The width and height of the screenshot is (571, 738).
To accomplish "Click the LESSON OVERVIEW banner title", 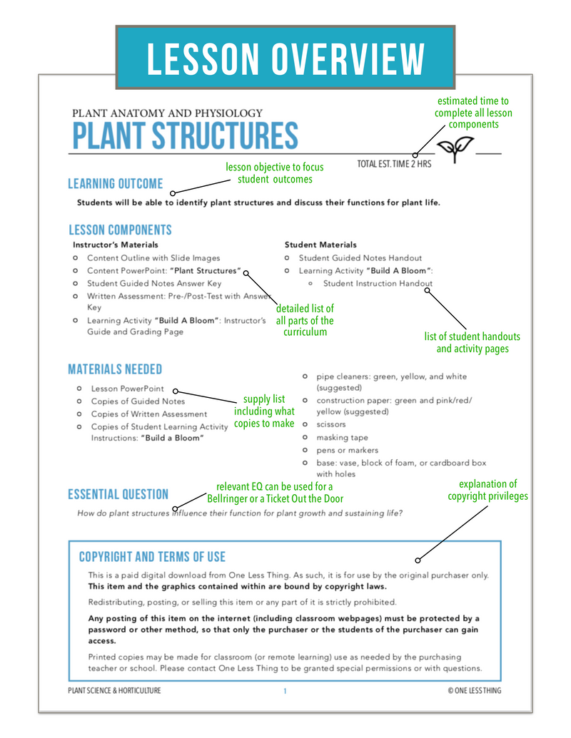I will [x=285, y=59].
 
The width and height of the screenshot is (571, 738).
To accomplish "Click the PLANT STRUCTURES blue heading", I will [x=184, y=136].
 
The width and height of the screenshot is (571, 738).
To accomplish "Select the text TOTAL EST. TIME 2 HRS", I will [x=394, y=164].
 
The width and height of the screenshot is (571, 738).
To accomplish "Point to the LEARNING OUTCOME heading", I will [x=116, y=184].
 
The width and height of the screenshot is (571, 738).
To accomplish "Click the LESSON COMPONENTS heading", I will [x=120, y=230].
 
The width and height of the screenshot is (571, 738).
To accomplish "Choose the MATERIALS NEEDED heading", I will [x=115, y=369].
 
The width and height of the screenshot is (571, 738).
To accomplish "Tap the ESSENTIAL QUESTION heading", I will [x=118, y=494].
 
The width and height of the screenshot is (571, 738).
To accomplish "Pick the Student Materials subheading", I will [x=320, y=245].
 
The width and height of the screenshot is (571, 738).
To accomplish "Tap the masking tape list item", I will [x=343, y=437].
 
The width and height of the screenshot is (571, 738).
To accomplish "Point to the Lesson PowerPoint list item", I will [x=127, y=389].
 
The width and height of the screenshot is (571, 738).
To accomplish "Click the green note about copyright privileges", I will [x=488, y=490].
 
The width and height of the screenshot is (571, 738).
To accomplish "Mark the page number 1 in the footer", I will [x=285, y=690].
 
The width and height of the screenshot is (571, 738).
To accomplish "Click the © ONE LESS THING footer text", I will [x=474, y=690].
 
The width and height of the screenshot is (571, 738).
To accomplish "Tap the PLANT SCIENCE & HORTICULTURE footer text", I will [x=114, y=690].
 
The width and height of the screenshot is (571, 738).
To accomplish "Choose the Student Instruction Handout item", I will [x=378, y=283].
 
